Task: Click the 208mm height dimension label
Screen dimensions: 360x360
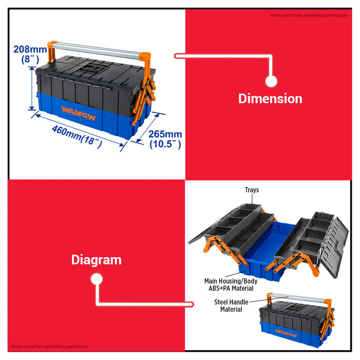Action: (30, 49)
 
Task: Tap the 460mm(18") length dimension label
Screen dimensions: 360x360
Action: (77, 136)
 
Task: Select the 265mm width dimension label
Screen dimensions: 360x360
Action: (165, 134)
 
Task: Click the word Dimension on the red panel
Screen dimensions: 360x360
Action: (270, 99)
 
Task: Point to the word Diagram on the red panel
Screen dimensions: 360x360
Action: (97, 260)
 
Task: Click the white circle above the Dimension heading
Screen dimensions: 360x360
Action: (271, 81)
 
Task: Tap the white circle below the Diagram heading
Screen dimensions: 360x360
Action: (97, 279)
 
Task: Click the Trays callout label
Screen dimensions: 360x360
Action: (252, 190)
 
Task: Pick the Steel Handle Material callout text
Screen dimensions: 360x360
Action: (231, 305)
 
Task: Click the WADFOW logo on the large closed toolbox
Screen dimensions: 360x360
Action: (78, 113)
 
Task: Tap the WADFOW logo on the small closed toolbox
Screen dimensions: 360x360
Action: (286, 333)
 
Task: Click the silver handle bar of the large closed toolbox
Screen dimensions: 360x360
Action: (96, 50)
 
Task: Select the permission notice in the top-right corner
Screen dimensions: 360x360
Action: (309, 15)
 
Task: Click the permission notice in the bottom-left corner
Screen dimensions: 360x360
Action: (49, 347)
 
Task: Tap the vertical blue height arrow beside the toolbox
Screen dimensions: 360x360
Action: (32, 88)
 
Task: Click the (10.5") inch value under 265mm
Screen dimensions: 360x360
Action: (165, 144)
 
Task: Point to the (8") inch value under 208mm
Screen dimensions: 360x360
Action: (30, 59)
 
